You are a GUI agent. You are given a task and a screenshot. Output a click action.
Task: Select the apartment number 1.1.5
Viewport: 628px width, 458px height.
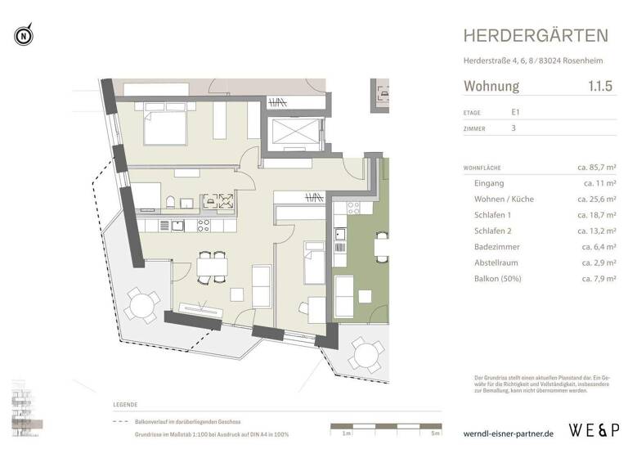click(x=602, y=86)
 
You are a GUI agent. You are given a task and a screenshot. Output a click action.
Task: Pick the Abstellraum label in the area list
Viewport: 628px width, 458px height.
click(x=500, y=263)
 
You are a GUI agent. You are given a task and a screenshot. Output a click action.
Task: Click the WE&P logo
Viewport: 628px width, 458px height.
click(x=593, y=429)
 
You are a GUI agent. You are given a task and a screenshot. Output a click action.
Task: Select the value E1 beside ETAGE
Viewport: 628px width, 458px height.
click(x=516, y=113)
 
